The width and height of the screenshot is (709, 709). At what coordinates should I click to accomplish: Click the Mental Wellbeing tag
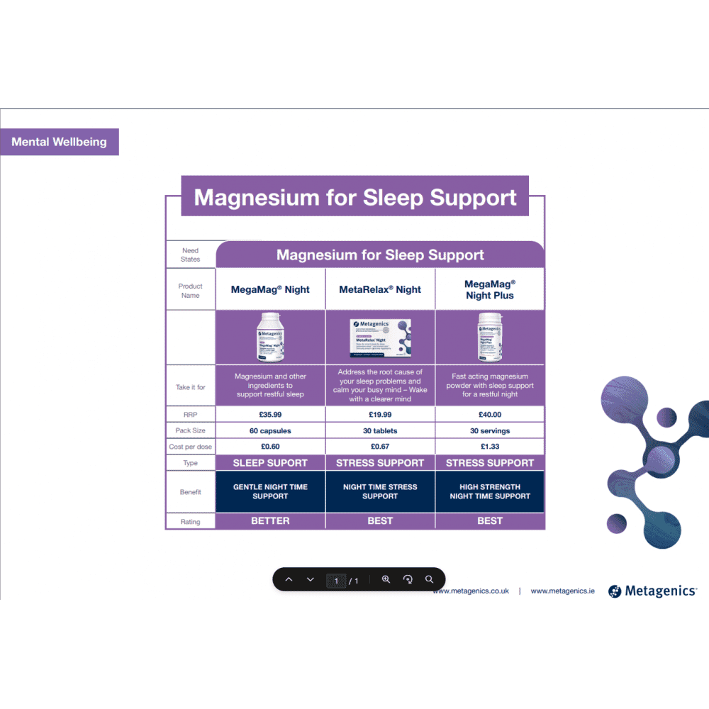tap(59, 142)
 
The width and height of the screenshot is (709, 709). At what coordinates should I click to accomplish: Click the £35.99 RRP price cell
tap(270, 415)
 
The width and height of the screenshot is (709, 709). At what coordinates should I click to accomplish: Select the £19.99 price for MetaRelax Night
tap(380, 415)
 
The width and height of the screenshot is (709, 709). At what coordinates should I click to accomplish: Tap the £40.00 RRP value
tap(490, 415)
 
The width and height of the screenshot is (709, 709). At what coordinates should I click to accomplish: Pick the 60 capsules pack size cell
tap(270, 431)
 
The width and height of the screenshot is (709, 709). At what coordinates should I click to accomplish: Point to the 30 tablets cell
tap(380, 431)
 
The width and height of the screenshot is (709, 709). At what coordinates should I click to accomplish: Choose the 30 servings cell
tap(490, 431)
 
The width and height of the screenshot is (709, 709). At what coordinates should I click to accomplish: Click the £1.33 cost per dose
tap(490, 447)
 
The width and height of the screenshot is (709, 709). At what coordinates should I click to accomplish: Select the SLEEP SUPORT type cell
tap(270, 463)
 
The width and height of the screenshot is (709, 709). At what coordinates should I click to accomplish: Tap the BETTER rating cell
tap(270, 520)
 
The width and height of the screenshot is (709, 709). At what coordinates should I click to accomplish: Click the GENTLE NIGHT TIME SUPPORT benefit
tap(270, 491)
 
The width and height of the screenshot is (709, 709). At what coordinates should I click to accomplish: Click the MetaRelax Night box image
tap(381, 337)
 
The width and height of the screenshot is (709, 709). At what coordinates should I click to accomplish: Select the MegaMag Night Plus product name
tap(490, 290)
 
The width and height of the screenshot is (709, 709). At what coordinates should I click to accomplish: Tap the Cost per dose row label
tap(190, 447)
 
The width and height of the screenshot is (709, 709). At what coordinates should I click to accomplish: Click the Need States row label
tap(190, 255)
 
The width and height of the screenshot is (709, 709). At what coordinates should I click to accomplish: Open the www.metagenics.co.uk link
tap(471, 591)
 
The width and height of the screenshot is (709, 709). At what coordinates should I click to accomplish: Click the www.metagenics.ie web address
tap(562, 591)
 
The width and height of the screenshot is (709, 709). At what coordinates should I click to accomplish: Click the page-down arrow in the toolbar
tap(310, 580)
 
